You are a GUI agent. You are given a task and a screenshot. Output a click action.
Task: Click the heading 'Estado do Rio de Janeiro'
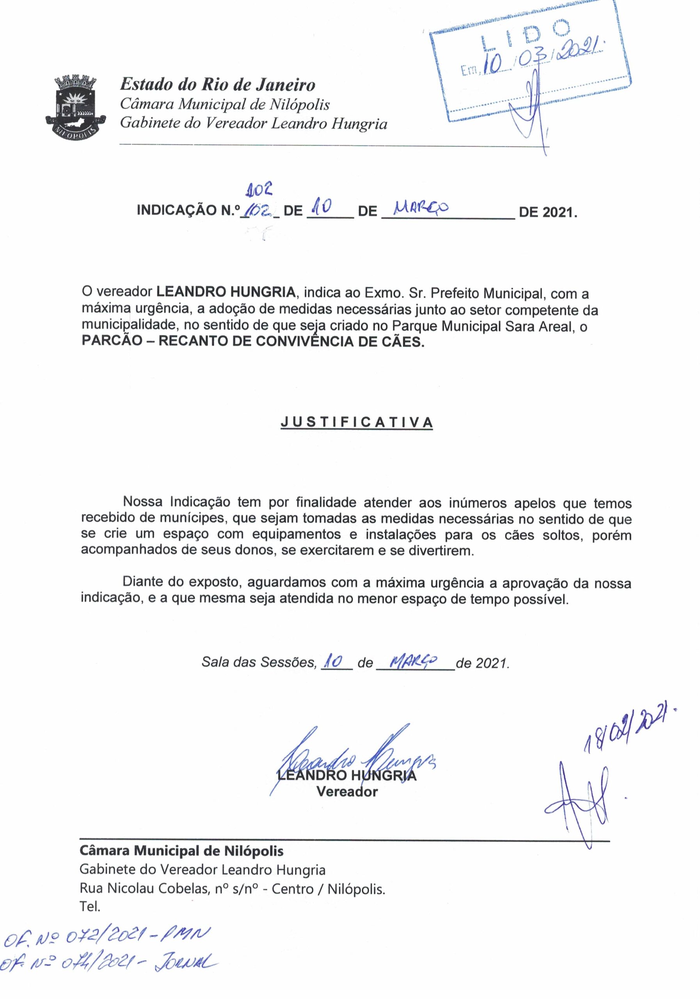(217, 84)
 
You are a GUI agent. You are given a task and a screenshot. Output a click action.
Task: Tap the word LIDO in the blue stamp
(525, 37)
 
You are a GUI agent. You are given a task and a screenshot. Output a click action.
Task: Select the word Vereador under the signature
(347, 791)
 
